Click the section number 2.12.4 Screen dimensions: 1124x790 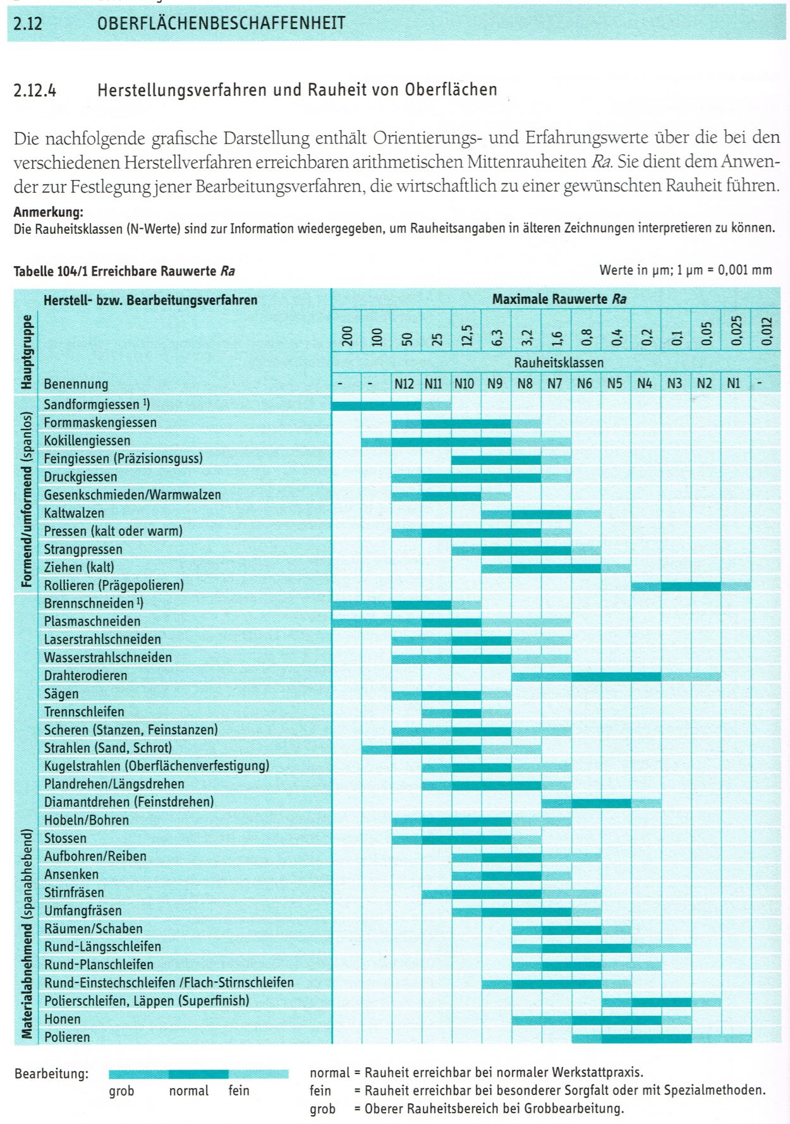tap(35, 90)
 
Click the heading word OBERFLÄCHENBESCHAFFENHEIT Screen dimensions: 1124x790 tap(221, 24)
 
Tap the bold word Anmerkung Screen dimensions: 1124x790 tap(48, 212)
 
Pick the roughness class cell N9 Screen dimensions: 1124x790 tap(495, 384)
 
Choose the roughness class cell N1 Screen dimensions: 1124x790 tap(734, 384)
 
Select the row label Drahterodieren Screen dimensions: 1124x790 tap(85, 675)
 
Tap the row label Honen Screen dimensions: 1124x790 tap(62, 1018)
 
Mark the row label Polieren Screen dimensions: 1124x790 tap(67, 1037)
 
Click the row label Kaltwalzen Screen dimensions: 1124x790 tap(74, 513)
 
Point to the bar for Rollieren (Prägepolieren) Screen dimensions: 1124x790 tap(691, 586)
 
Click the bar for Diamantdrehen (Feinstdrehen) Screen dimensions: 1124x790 tap(601, 803)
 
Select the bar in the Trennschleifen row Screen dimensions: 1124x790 tap(466, 713)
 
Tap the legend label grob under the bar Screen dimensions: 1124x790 tap(121, 1091)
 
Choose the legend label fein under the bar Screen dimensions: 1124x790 tap(239, 1091)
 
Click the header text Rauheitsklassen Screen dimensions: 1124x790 tap(558, 363)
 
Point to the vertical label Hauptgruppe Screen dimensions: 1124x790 tap(27, 352)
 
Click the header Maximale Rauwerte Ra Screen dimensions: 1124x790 tap(559, 299)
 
